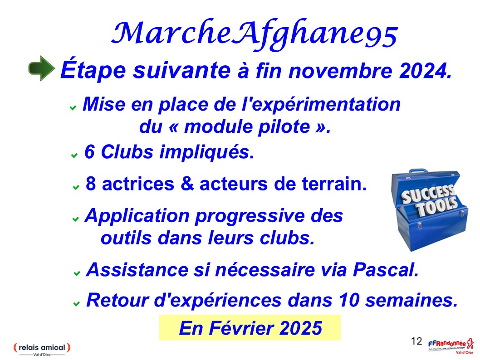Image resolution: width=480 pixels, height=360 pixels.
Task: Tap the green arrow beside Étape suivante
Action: point(42,68)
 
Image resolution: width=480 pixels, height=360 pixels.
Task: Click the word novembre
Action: point(340,71)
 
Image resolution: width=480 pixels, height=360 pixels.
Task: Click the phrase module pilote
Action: point(247,126)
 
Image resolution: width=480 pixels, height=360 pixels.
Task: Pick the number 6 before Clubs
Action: point(89,152)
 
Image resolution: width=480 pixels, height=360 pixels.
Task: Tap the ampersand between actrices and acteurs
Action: point(187,184)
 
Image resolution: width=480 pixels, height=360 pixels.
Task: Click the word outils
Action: point(126,238)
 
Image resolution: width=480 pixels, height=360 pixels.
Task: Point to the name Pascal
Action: point(386,270)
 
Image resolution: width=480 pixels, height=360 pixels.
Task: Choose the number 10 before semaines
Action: point(349,300)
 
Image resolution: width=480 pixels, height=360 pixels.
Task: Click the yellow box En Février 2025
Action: point(250,327)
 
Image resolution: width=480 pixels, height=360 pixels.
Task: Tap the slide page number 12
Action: point(416,341)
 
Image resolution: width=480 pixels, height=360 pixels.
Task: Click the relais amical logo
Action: point(42,349)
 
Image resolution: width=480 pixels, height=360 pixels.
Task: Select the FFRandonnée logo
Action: point(451,346)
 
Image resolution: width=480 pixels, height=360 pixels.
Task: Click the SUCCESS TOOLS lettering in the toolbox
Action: point(430,200)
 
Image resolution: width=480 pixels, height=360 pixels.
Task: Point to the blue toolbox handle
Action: point(418,171)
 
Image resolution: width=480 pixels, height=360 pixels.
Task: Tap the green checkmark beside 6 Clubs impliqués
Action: point(74,156)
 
